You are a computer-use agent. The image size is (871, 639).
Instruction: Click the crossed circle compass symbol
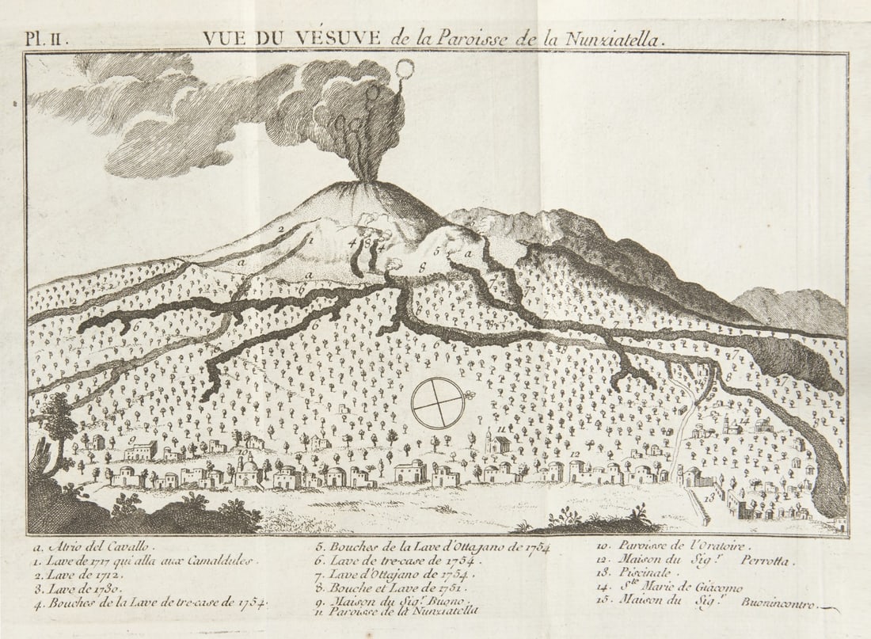pos(438,403)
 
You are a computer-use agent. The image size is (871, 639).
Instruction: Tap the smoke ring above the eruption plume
pos(404,70)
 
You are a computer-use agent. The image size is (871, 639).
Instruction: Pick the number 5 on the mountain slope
pos(436,250)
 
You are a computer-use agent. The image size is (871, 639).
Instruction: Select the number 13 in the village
pos(709,497)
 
